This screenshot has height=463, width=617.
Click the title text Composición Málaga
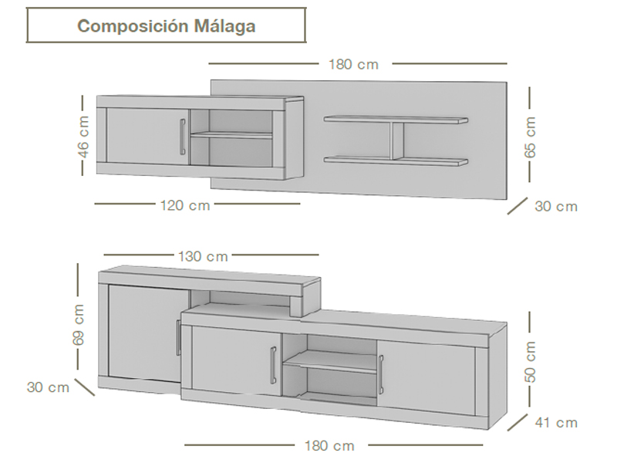coord(167,26)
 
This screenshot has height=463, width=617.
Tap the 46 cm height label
coord(83,137)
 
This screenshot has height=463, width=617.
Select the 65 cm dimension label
coord(530,137)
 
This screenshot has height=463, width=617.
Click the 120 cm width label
coord(185,205)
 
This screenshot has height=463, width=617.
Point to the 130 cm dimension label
coord(203,256)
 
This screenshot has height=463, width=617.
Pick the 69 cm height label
coord(79,325)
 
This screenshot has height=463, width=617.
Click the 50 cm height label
coord(530,362)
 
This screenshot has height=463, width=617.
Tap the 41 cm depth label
coord(556,423)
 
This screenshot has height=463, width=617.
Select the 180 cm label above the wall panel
coord(354,64)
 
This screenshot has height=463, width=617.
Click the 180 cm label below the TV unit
coord(329,446)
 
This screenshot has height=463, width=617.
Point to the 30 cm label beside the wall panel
coord(556,206)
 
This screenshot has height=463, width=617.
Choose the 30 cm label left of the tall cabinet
coord(48,387)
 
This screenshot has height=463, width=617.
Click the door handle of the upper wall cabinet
coord(182,137)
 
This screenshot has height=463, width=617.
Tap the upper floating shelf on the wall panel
coord(396,120)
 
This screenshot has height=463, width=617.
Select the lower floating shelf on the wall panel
coord(396,161)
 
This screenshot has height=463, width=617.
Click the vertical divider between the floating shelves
coord(397,140)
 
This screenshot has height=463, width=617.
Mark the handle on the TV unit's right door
coord(380,373)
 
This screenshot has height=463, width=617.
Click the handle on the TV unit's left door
coord(273,364)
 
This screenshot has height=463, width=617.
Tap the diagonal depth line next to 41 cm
coord(517,422)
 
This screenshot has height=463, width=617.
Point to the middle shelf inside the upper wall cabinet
coord(231,135)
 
